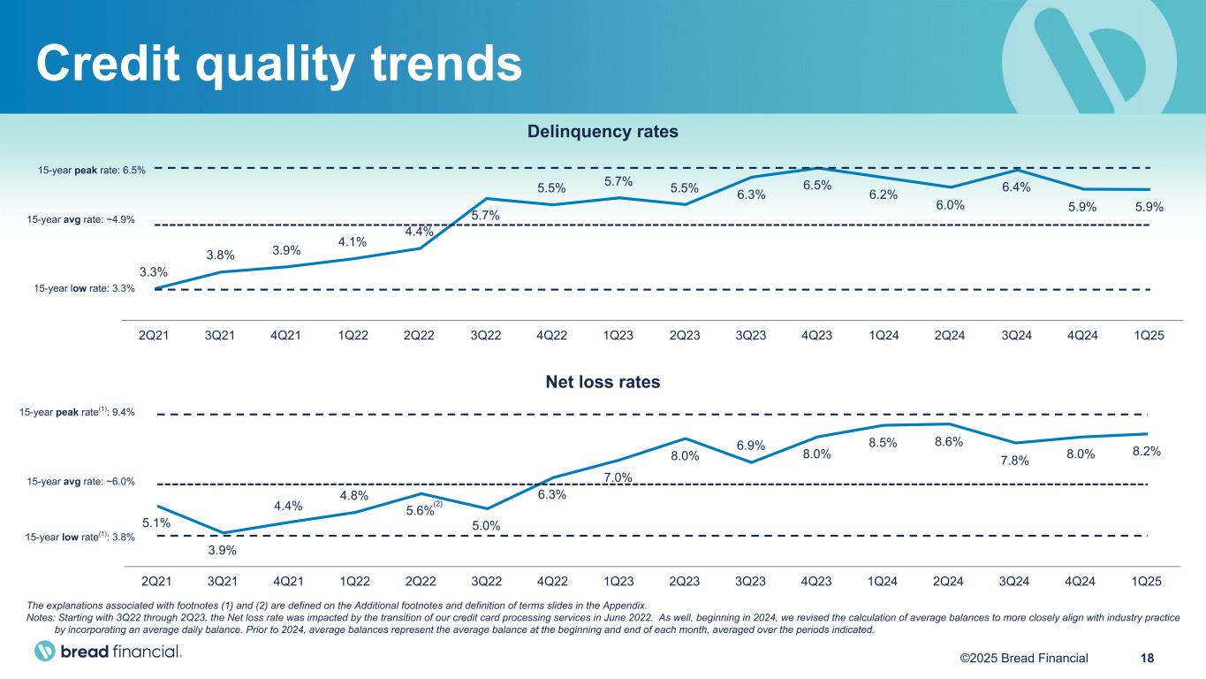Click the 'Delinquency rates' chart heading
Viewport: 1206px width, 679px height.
point(603,132)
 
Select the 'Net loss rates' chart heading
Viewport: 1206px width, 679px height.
point(603,382)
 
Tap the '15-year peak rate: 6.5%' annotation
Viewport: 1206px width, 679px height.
point(92,170)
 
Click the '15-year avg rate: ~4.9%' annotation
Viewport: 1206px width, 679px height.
point(87,220)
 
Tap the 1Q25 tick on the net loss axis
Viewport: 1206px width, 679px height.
point(1145,581)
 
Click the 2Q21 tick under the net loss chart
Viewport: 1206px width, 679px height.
point(155,581)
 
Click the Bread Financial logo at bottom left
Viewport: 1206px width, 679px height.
point(109,652)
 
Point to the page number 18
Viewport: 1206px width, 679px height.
point(1147,657)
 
